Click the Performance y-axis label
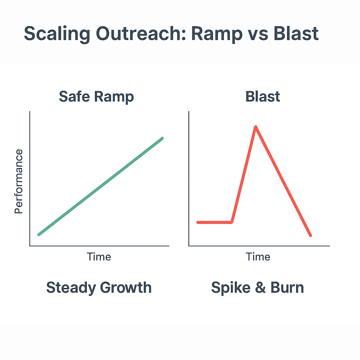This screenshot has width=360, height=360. click(19, 181)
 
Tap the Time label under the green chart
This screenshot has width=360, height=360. click(99, 257)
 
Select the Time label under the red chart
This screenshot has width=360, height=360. click(258, 257)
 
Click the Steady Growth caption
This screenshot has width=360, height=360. click(99, 288)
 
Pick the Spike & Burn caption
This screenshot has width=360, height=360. click(257, 288)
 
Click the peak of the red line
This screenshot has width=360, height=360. click(256, 127)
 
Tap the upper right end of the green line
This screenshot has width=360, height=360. click(162, 138)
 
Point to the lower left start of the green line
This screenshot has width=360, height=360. click(39, 234)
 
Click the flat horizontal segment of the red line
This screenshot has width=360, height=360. click(214, 222)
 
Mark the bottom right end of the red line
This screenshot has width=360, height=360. click(310, 236)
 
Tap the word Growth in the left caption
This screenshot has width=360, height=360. click(125, 288)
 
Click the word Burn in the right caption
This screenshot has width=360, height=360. click(287, 288)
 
